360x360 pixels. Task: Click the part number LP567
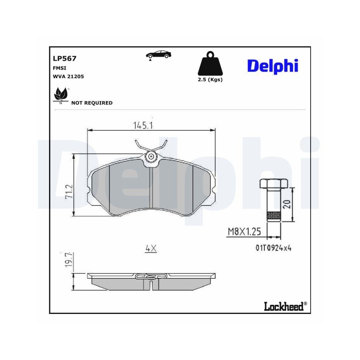coord(64,58)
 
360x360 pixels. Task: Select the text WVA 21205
coord(68,76)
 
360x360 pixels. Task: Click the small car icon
coord(158,55)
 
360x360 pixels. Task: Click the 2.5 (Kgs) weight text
coord(210,80)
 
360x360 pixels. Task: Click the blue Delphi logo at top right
coord(273,66)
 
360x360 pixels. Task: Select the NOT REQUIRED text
coord(92,103)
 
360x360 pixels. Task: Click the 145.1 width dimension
coord(144,125)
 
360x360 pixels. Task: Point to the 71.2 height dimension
coord(69,192)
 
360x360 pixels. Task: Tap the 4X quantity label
coord(151,248)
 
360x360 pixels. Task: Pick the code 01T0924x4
coord(273,248)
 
